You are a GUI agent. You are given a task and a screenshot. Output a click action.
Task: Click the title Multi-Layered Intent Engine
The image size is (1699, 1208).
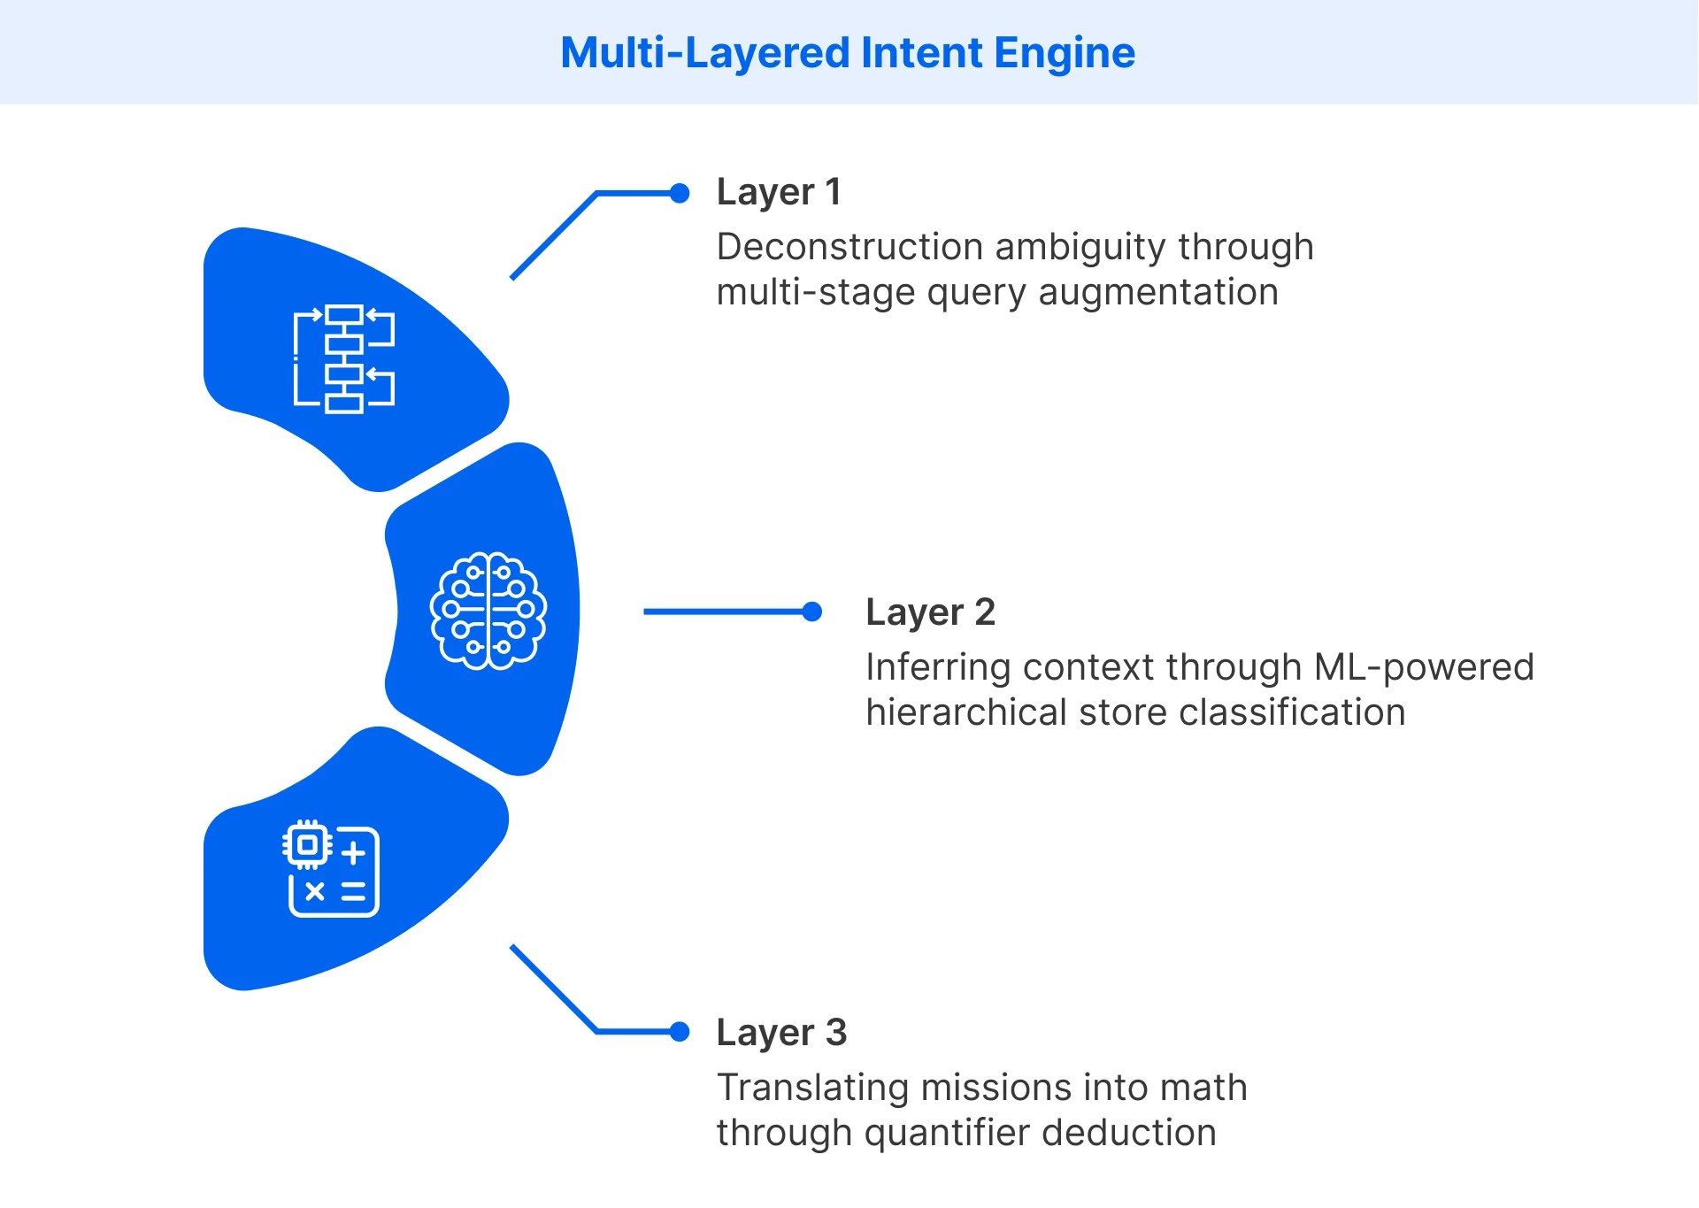(848, 53)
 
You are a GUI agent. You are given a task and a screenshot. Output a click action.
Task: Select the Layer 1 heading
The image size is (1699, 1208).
(779, 192)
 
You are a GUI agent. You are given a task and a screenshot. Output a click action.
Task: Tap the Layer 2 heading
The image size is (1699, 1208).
(930, 612)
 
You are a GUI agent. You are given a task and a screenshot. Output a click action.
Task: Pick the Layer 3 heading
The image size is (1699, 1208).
(781, 1033)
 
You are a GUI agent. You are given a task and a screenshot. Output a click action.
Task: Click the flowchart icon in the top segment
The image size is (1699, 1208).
(344, 358)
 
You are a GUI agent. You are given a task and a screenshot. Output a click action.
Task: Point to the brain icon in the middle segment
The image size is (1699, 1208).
(488, 611)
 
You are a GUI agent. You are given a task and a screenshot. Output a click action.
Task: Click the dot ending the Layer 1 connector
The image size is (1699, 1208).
(680, 193)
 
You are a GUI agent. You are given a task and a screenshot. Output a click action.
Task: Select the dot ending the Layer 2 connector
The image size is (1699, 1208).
(811, 612)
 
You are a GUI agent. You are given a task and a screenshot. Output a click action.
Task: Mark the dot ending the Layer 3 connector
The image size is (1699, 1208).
(680, 1032)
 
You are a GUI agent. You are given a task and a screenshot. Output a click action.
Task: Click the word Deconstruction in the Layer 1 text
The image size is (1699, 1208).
(849, 247)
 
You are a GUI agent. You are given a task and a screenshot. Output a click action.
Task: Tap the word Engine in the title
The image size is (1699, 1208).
(1064, 53)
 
